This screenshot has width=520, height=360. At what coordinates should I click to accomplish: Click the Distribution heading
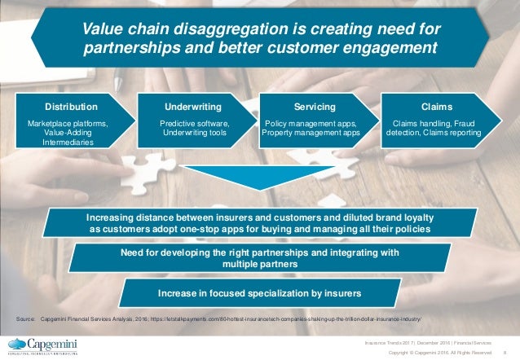click(69, 107)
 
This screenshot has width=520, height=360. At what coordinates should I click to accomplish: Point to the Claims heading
click(434, 107)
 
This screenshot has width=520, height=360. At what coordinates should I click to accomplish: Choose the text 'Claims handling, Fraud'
click(434, 123)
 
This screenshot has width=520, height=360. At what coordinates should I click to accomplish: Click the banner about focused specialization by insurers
click(259, 292)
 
